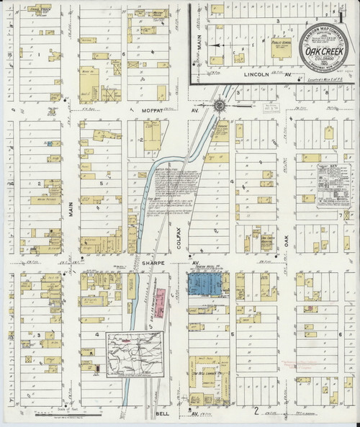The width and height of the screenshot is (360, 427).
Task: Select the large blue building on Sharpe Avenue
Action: pyautogui.click(x=206, y=283)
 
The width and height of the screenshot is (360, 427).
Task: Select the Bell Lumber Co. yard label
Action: pyautogui.click(x=209, y=374)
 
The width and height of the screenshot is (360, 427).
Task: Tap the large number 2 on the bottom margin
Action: pyautogui.click(x=255, y=411)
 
